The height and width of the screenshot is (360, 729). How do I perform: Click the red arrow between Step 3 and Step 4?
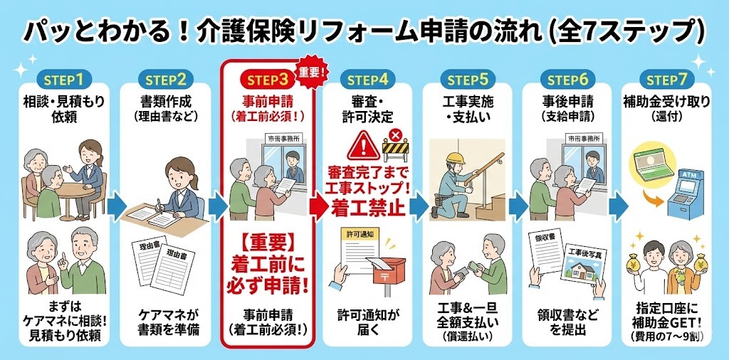point(318,205)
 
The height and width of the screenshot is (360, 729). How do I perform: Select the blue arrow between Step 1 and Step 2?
point(117,205)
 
